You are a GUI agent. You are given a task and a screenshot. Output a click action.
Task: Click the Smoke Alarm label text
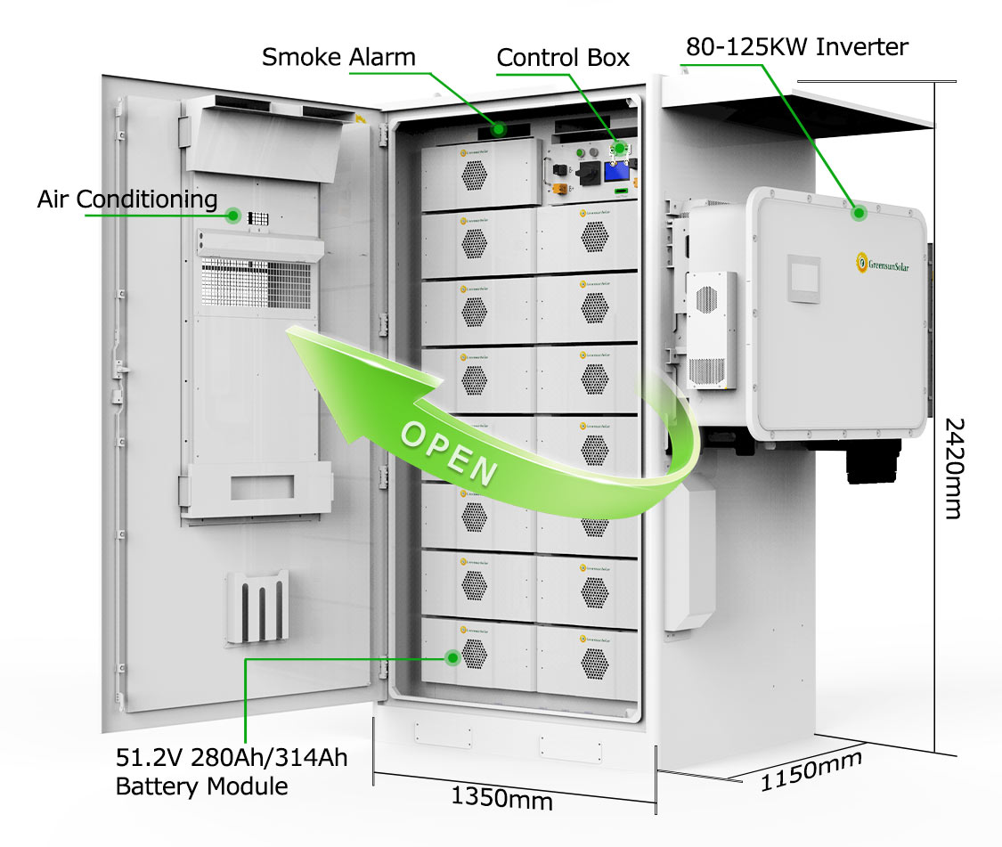pyautogui.click(x=338, y=58)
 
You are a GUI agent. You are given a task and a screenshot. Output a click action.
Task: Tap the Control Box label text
pyautogui.click(x=563, y=58)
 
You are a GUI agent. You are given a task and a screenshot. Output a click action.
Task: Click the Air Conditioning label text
pyautogui.click(x=127, y=200)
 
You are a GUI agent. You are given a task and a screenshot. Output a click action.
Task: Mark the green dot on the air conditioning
pyautogui.click(x=233, y=215)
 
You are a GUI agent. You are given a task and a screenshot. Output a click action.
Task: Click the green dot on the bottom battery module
pyautogui.click(x=452, y=658)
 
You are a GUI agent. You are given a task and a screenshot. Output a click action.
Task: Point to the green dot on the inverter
pyautogui.click(x=859, y=213)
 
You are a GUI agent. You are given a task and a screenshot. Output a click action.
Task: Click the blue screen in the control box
pyautogui.click(x=615, y=173)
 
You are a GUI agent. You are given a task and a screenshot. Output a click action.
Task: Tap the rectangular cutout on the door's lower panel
pyautogui.click(x=262, y=487)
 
